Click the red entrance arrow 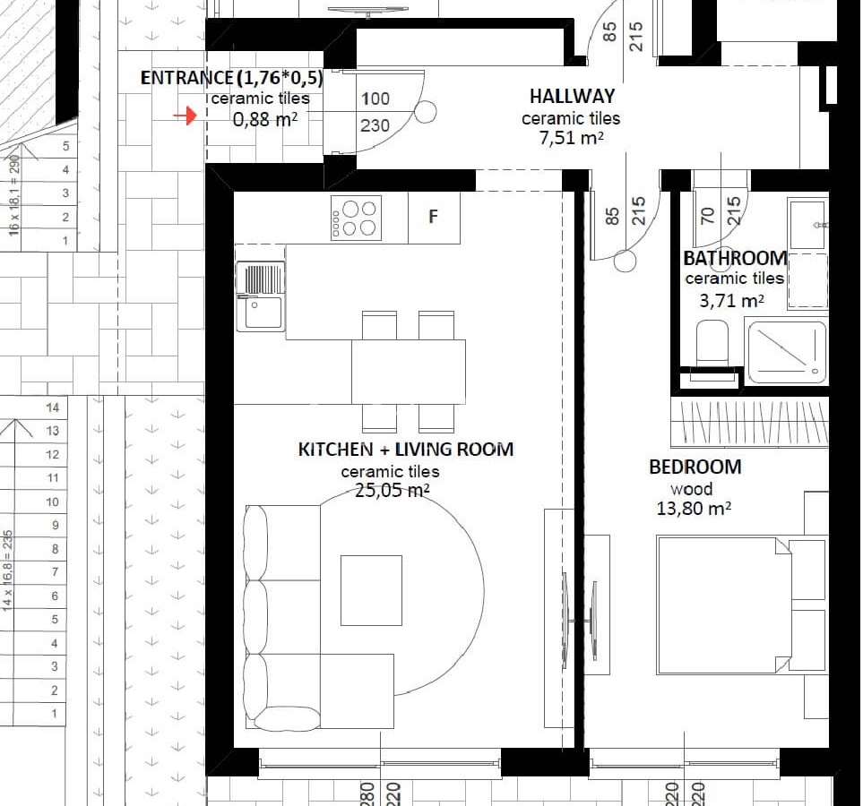click(186, 116)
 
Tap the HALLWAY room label click(572, 97)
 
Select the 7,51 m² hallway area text click(571, 138)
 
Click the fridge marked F click(434, 217)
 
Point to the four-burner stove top click(356, 218)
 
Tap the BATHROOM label click(735, 258)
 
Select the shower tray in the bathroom click(787, 353)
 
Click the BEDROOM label click(695, 467)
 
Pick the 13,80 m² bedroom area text click(694, 508)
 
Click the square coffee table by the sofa click(371, 590)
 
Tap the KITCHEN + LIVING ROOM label click(406, 450)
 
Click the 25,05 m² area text click(392, 490)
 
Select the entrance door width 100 click(375, 99)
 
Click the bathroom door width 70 click(708, 215)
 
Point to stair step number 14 click(52, 407)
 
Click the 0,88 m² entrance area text click(265, 119)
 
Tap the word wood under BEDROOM click(691, 489)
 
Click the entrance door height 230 click(375, 126)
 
